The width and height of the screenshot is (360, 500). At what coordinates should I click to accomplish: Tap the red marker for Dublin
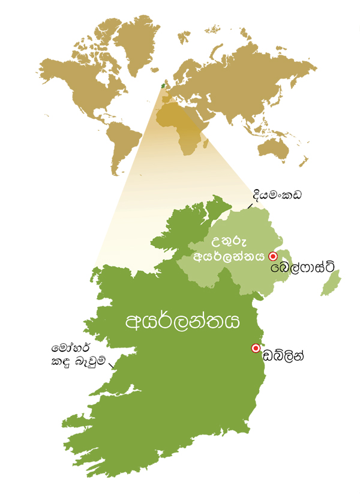pos(255,348)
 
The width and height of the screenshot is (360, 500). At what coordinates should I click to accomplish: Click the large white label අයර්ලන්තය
pos(182,321)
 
